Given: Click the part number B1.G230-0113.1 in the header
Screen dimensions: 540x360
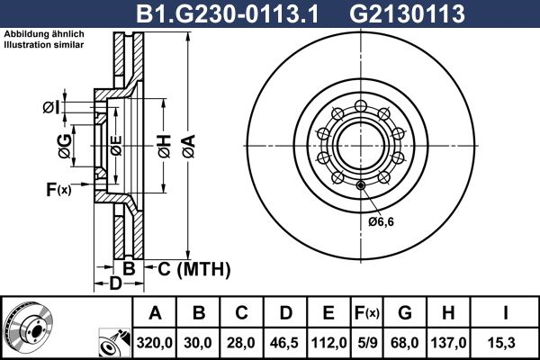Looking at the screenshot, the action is [x=228, y=14].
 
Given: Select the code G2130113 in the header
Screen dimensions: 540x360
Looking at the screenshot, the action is [x=407, y=14].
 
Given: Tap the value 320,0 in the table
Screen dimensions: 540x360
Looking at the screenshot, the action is [x=154, y=343].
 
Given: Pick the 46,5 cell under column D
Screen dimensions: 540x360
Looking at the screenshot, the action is [x=284, y=343].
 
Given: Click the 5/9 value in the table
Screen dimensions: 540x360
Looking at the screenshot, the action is [x=367, y=343].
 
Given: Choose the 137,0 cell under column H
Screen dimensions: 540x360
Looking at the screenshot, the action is [x=449, y=343].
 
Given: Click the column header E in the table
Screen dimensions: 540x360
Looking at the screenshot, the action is [x=328, y=313].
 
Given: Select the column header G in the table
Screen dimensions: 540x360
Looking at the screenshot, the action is [x=405, y=313].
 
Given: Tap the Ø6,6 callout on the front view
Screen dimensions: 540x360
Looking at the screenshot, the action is [x=381, y=221].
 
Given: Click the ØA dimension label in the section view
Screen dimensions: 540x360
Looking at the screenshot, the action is [x=189, y=146].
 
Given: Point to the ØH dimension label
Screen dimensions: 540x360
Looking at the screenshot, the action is [x=165, y=146].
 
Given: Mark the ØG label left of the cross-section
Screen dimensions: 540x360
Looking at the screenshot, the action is [x=65, y=146].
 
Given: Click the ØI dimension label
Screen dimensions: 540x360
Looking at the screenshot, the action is [x=51, y=107].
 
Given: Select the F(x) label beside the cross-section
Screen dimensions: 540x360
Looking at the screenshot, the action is [x=58, y=189].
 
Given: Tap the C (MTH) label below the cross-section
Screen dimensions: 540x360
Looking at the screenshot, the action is [x=193, y=269].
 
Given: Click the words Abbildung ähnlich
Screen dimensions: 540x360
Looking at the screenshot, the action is [x=44, y=34].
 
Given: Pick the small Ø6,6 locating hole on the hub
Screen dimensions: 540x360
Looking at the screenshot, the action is [x=361, y=186].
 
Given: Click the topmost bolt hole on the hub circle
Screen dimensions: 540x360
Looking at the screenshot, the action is [x=361, y=106].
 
